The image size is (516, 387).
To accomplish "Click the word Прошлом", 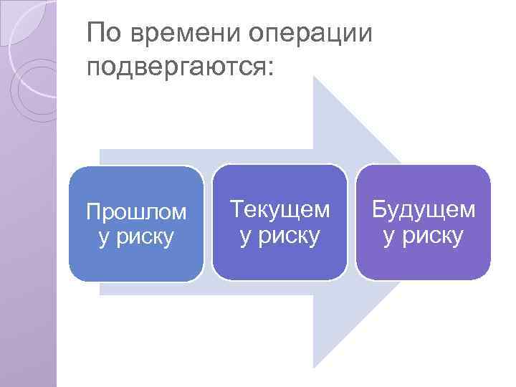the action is [136, 213].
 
